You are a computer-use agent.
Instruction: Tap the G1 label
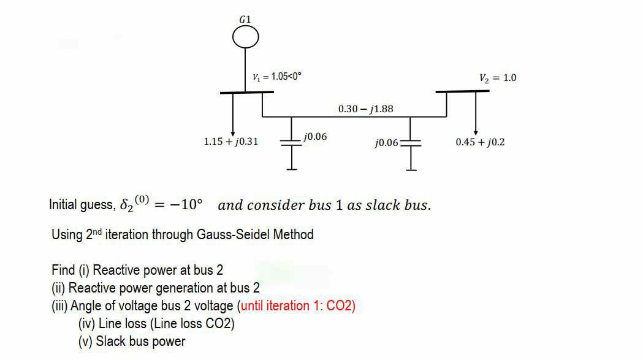(x=245, y=19)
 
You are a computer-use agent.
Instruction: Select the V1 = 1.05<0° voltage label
(x=277, y=77)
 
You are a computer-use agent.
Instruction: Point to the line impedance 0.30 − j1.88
(x=366, y=109)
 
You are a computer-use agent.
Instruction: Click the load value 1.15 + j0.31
(x=230, y=142)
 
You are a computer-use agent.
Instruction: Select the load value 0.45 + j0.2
(x=480, y=142)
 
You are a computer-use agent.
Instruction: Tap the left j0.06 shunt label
(x=315, y=137)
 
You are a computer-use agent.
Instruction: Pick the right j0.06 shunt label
(x=386, y=143)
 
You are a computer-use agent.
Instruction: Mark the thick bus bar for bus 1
(x=246, y=93)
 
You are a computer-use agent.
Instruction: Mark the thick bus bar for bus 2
(x=462, y=91)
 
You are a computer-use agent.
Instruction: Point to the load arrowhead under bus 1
(x=233, y=133)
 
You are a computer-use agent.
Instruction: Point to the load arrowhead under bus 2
(x=476, y=133)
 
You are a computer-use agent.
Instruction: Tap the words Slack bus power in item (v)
(x=140, y=342)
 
